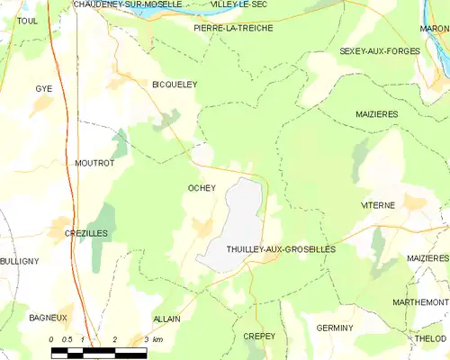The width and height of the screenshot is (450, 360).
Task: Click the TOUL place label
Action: tap(27, 21)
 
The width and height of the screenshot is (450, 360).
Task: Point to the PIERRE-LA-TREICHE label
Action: tap(233, 28)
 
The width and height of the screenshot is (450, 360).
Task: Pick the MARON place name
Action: tap(434, 29)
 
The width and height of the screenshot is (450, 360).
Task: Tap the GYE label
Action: tap(43, 89)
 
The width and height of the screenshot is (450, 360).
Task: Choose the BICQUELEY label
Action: tap(174, 84)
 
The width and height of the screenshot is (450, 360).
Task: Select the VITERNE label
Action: tap(378, 205)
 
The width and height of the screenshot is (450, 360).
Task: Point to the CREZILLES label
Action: tap(86, 233)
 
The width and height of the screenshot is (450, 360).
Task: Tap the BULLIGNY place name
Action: tap(19, 261)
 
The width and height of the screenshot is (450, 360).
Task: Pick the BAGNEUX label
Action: tap(48, 318)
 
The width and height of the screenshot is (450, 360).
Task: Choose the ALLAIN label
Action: tap(166, 319)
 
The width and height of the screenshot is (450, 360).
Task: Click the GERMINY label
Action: tap(335, 328)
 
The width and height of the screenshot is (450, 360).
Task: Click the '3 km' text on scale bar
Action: tap(153, 339)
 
